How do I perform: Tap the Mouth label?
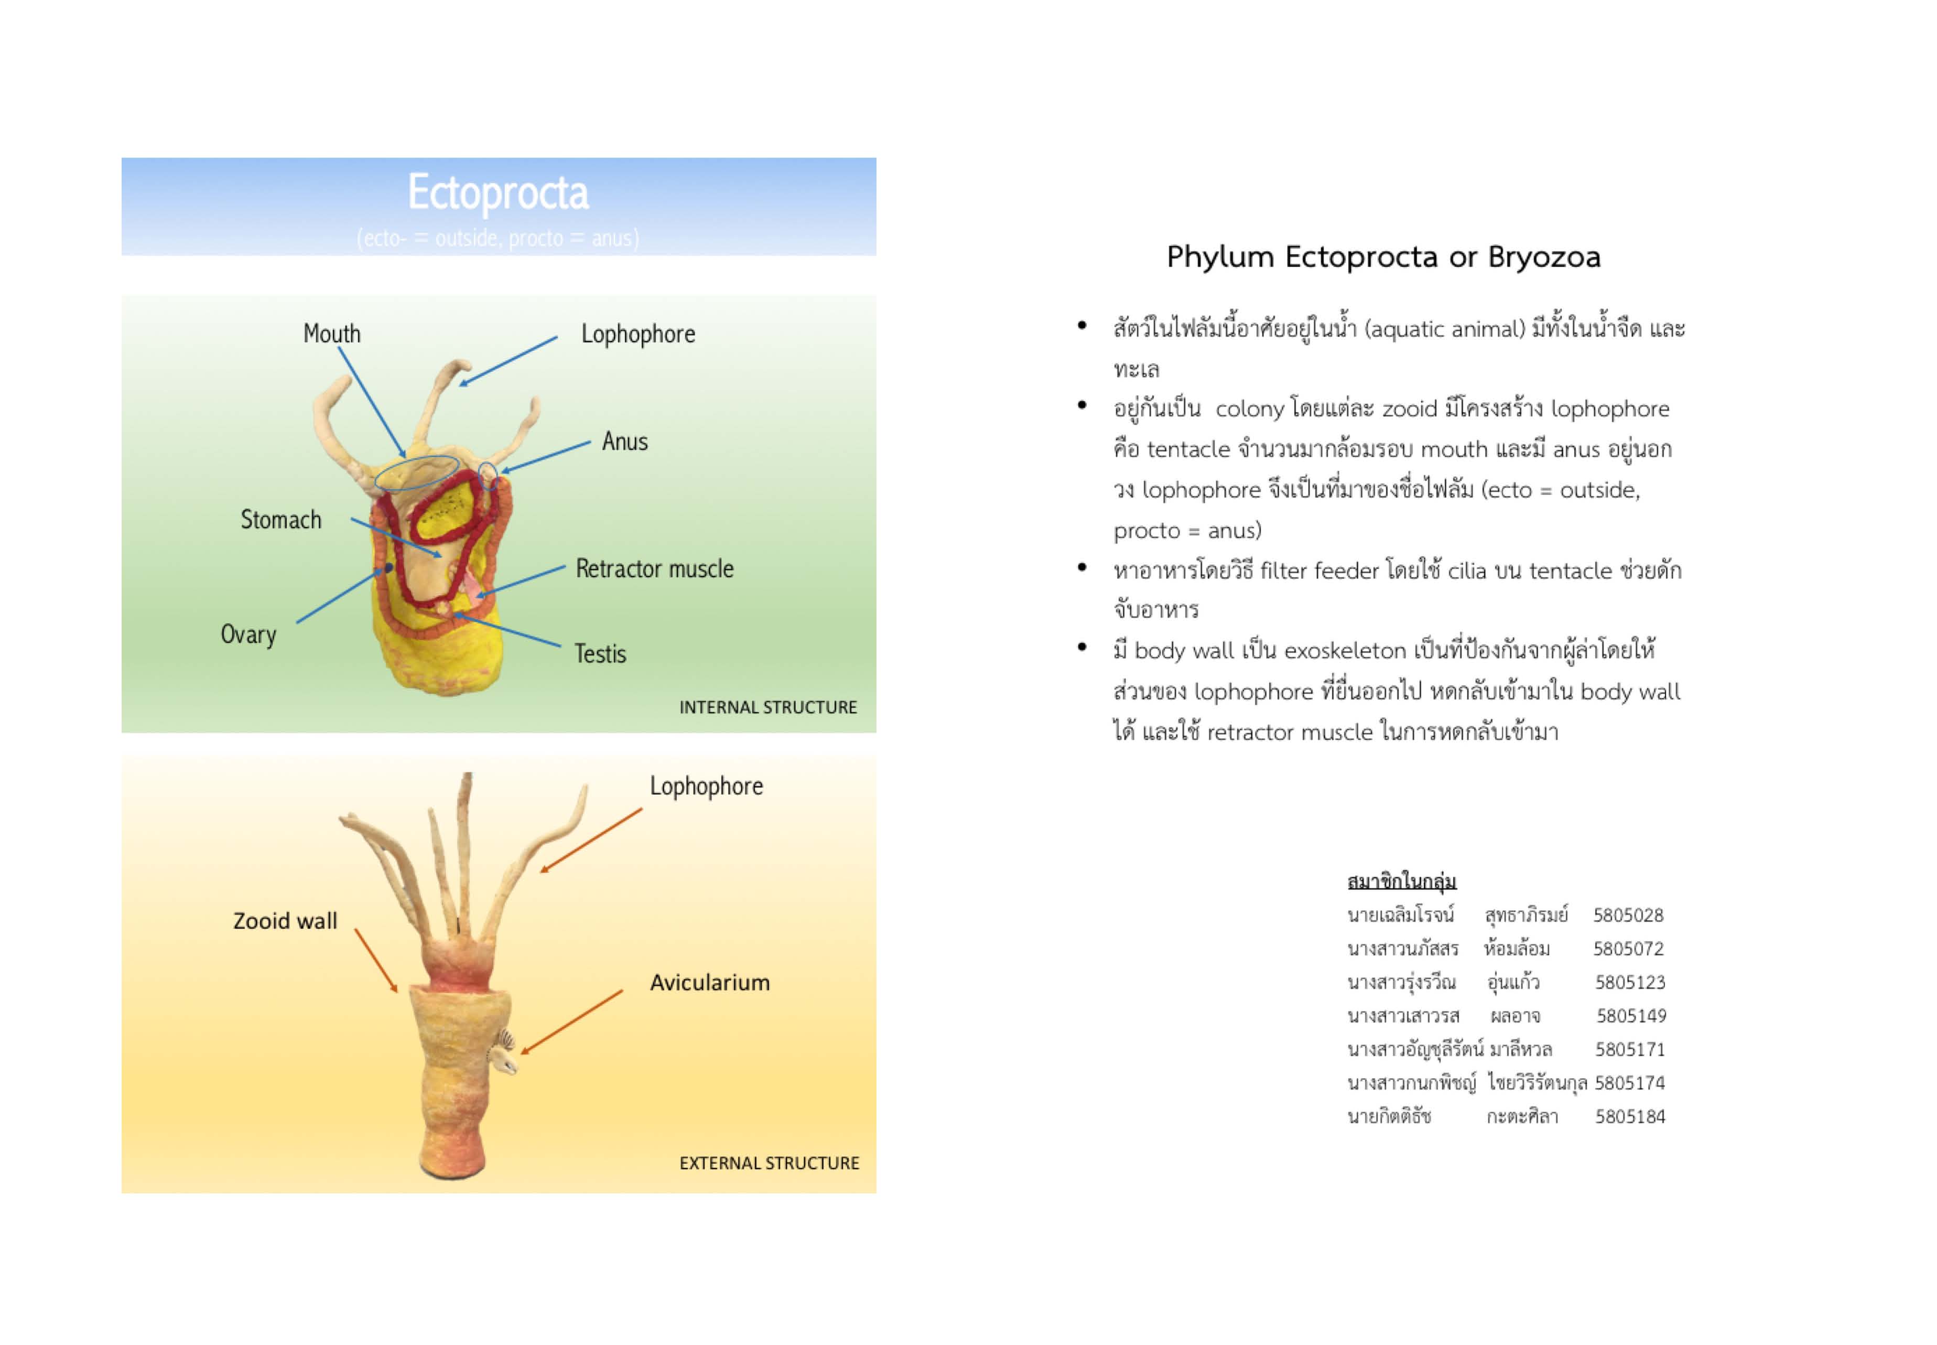click(x=332, y=333)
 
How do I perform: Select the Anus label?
click(x=624, y=442)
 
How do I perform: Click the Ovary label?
click(x=248, y=634)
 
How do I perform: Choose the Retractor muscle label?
click(x=655, y=569)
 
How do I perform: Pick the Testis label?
click(x=600, y=654)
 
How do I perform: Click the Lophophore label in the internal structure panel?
click(x=638, y=333)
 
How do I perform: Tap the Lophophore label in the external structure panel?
click(x=706, y=786)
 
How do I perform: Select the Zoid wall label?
click(x=285, y=920)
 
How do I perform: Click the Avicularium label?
click(x=709, y=983)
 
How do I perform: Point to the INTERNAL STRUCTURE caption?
click(x=767, y=707)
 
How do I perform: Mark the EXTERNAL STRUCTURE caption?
click(x=769, y=1163)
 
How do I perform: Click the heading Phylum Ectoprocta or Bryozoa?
click(x=1382, y=256)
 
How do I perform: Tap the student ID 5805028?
click(x=1628, y=915)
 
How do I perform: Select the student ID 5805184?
click(x=1629, y=1116)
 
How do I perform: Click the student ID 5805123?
click(x=1629, y=983)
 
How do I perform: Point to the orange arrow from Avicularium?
click(x=571, y=1021)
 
